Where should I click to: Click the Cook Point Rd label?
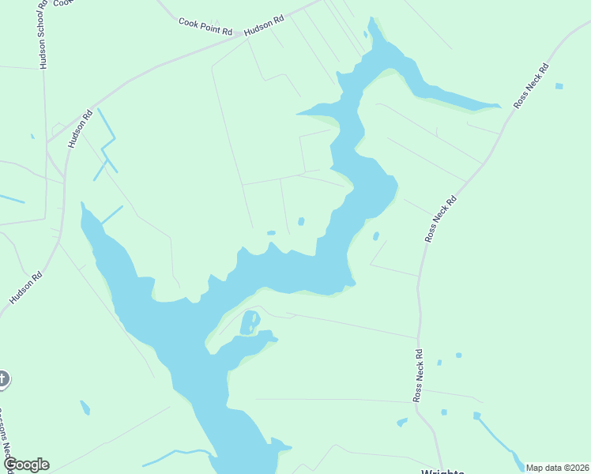pyautogui.click(x=205, y=27)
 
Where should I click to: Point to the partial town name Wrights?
pyautogui.click(x=442, y=471)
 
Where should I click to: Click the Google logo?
pyautogui.click(x=25, y=465)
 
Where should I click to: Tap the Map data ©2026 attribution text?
pyautogui.click(x=557, y=468)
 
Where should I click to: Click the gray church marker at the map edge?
pyautogui.click(x=2, y=379)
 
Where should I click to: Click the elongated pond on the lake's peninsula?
pyautogui.click(x=249, y=322)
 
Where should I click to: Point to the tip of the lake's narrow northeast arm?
pyautogui.click(x=499, y=105)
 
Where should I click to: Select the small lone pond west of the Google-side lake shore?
pyautogui.click(x=85, y=408)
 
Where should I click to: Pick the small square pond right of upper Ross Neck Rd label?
pyautogui.click(x=559, y=85)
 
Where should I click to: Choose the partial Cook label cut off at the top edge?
pyautogui.click(x=63, y=3)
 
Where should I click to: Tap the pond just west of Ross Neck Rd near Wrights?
pyautogui.click(x=402, y=422)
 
